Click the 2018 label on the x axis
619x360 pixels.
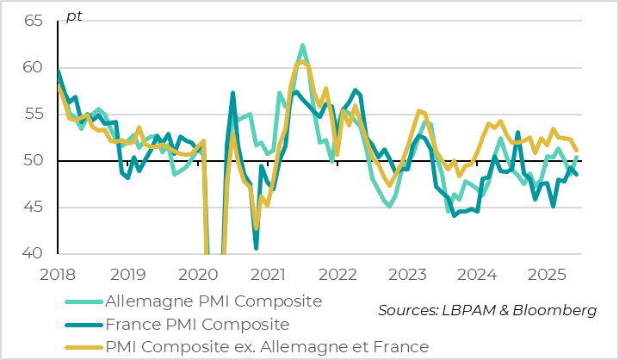coord(58,275)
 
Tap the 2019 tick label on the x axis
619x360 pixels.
coord(127,275)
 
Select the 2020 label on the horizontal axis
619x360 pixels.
coord(198,275)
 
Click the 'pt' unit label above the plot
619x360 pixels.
coord(74,17)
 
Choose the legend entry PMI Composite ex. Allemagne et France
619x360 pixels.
coord(266,347)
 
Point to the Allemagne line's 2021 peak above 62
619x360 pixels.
coord(303,46)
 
